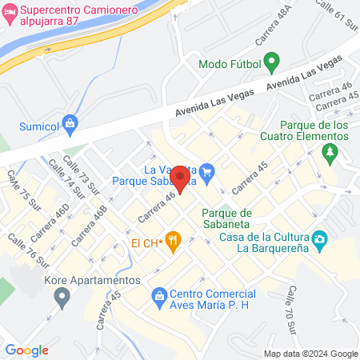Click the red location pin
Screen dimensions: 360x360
coord(182,181)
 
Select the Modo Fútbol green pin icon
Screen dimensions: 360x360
coord(271,62)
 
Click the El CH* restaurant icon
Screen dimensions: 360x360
coord(173,242)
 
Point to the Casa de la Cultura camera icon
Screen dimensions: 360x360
coord(319,238)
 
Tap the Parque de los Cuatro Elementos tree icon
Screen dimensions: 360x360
coord(328,152)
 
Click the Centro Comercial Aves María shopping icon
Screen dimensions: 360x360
coord(159,297)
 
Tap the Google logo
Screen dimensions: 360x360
coord(26,350)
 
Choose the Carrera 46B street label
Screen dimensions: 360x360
coord(90,227)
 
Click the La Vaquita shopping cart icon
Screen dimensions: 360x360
coord(207,170)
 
